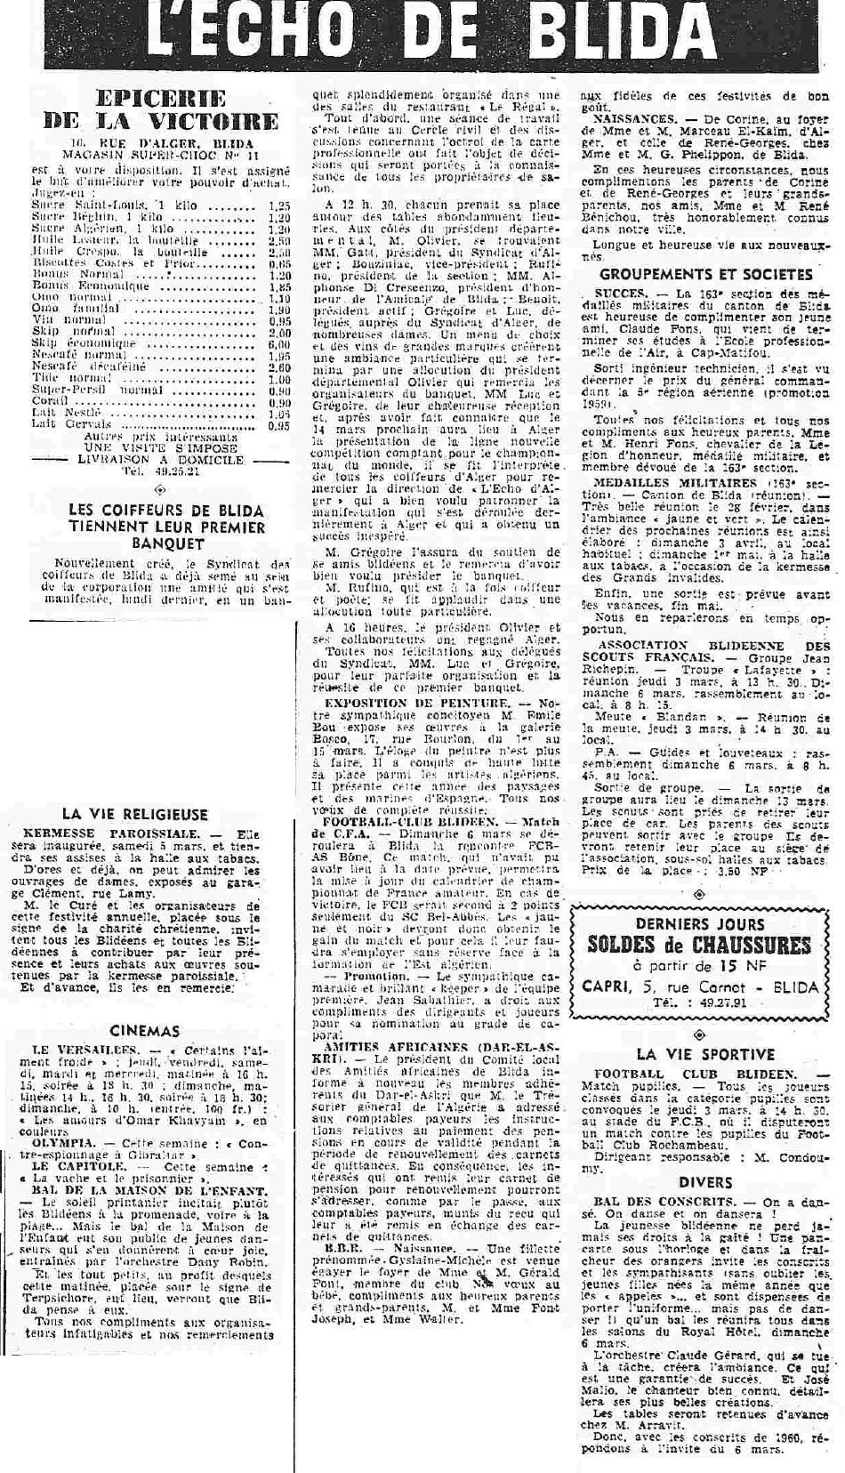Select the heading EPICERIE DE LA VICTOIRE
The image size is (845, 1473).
pyautogui.click(x=161, y=109)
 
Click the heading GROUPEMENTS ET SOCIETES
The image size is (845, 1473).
pyautogui.click(x=706, y=275)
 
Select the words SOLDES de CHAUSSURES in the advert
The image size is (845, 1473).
pyautogui.click(x=703, y=944)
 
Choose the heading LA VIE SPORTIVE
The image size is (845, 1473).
pyautogui.click(x=704, y=1054)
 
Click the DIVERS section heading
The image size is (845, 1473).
pyautogui.click(x=705, y=1182)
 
